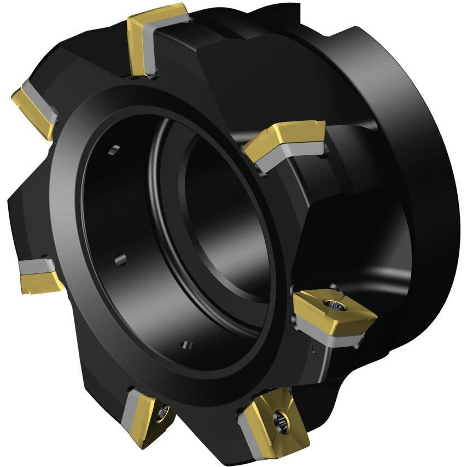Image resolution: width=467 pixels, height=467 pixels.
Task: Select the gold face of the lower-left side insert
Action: (40, 281)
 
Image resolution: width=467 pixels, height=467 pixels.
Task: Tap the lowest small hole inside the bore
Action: (188, 345)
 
